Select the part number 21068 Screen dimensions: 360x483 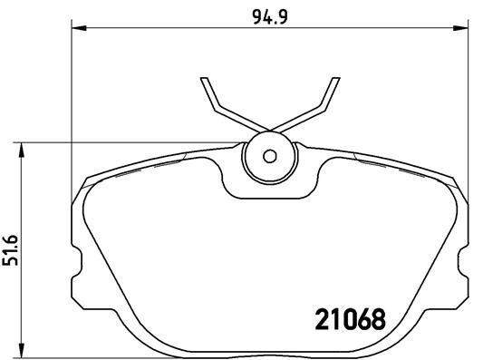point(349,319)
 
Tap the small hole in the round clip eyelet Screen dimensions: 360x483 point(267,155)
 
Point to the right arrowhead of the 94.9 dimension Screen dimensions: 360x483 point(466,30)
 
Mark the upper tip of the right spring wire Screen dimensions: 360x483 point(329,78)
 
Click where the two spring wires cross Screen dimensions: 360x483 point(267,128)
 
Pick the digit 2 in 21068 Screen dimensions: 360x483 point(321,319)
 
